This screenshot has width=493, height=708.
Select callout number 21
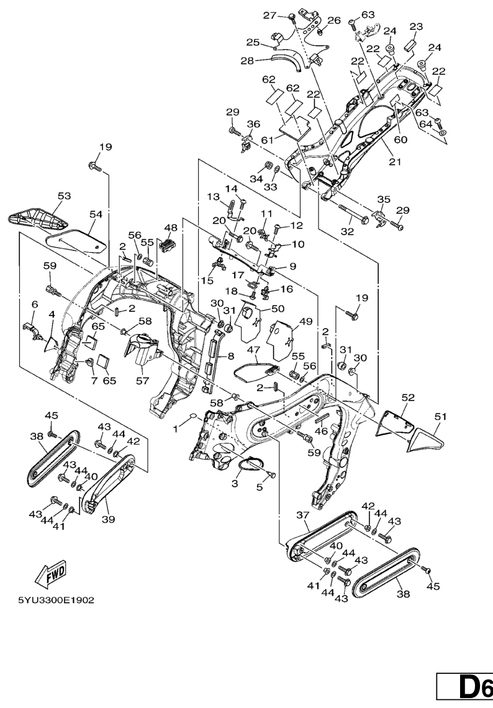tap(395, 161)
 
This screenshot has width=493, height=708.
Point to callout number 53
tap(64, 196)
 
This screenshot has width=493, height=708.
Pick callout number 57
tap(142, 381)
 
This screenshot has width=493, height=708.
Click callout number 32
tap(347, 231)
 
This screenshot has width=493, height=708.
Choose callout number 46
tap(321, 431)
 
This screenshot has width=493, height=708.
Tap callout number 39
tap(108, 519)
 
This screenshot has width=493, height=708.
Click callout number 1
tap(176, 429)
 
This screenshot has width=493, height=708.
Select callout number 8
tap(231, 356)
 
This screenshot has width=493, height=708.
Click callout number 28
tap(247, 60)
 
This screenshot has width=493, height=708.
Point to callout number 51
tap(440, 416)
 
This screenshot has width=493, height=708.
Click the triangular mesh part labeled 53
tap(38, 217)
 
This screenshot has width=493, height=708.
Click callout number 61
tap(268, 140)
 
